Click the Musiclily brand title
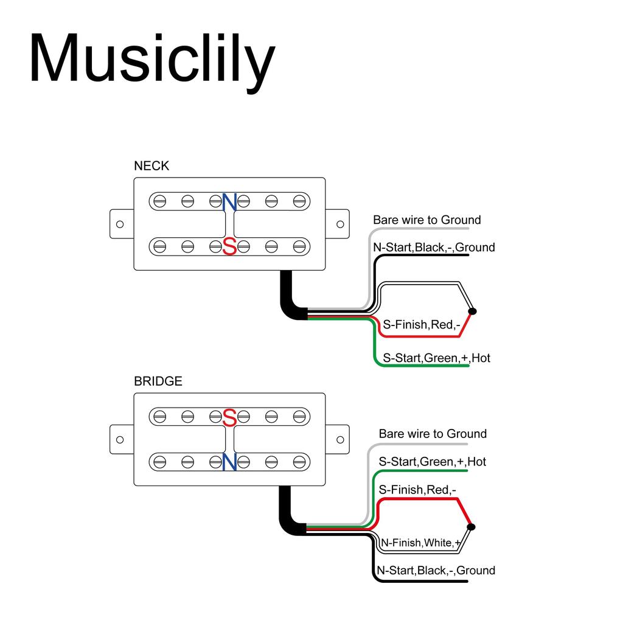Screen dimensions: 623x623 coord(152,59)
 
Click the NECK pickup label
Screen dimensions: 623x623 coord(151,165)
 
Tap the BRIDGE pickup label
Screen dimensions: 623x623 coord(158,381)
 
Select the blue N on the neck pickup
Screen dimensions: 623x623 coord(229,202)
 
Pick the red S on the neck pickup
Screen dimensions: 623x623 coord(229,246)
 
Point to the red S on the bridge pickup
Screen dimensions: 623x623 coord(229,417)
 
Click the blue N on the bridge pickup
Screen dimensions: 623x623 coord(229,462)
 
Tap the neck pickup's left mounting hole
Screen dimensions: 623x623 coord(120,224)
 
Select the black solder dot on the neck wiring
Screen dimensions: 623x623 coord(473,311)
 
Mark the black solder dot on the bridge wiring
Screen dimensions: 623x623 coord(473,527)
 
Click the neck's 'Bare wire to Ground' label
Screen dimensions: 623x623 coord(426,220)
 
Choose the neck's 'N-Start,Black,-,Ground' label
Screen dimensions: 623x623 coord(434,247)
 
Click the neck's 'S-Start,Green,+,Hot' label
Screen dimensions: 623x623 coord(436,358)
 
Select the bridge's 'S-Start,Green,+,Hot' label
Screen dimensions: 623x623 coord(432,462)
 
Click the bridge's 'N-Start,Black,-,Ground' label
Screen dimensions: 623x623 coord(436,570)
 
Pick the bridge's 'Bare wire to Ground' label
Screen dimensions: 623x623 coord(433,434)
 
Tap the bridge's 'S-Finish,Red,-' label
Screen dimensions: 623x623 coord(417,490)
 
